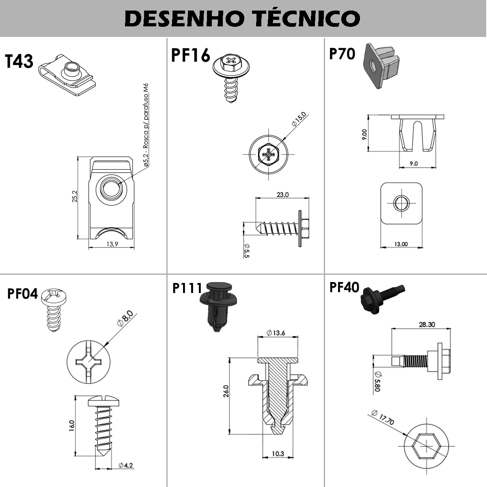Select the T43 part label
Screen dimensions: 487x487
19,61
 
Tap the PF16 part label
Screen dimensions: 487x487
190,56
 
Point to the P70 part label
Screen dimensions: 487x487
342,54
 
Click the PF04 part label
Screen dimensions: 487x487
22,293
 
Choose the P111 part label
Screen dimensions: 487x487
187,288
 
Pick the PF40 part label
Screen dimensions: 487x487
344,287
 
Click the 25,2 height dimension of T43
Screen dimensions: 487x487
75,197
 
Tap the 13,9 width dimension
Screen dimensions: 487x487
112,244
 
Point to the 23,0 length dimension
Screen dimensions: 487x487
282,194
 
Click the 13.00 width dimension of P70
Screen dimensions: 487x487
401,244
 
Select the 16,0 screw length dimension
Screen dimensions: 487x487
71,427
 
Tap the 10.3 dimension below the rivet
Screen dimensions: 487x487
278,454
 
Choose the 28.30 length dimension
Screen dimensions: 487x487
427,324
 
